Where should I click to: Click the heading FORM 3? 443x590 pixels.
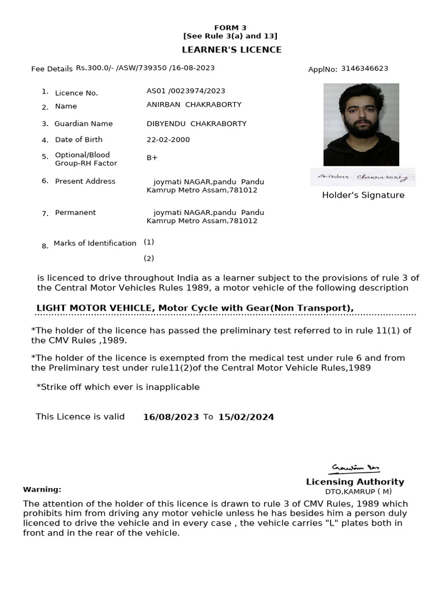pyautogui.click(x=230, y=28)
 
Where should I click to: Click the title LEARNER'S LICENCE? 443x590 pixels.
pyautogui.click(x=231, y=50)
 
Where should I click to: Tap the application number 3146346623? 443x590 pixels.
pyautogui.click(x=364, y=69)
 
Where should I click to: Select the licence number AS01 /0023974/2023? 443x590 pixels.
pyautogui.click(x=186, y=91)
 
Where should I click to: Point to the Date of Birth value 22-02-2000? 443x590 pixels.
pyautogui.click(x=168, y=139)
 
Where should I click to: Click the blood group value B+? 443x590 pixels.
pyautogui.click(x=152, y=157)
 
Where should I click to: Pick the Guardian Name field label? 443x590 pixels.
pyautogui.click(x=83, y=124)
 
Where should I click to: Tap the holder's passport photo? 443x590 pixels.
pyautogui.click(x=361, y=124)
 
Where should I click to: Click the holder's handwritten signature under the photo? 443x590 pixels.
pyautogui.click(x=362, y=177)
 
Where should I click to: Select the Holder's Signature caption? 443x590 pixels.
pyautogui.click(x=363, y=195)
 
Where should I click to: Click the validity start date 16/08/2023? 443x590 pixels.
pyautogui.click(x=171, y=417)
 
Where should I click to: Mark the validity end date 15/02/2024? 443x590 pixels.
pyautogui.click(x=246, y=417)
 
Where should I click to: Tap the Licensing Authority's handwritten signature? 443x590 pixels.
pyautogui.click(x=355, y=468)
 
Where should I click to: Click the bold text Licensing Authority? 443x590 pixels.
pyautogui.click(x=355, y=482)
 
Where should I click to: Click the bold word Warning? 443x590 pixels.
pyautogui.click(x=42, y=490)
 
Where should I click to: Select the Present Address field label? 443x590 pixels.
pyautogui.click(x=85, y=181)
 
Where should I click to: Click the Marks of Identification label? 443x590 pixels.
pyautogui.click(x=95, y=243)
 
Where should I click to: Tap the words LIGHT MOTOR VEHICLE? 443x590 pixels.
pyautogui.click(x=94, y=308)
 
